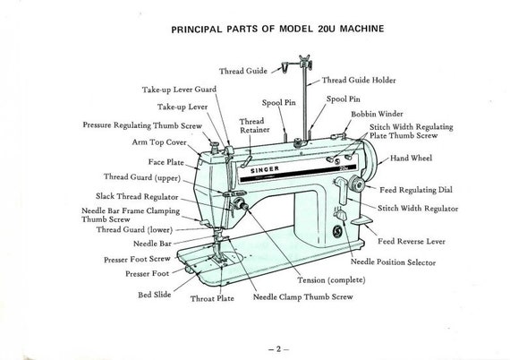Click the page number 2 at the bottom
click(278, 349)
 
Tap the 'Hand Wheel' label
click(411, 159)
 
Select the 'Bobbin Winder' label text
click(377, 114)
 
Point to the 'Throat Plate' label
click(212, 298)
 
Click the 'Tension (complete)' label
click(331, 280)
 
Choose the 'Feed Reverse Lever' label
click(412, 242)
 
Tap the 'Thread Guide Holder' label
click(359, 80)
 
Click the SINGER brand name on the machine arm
click(265, 169)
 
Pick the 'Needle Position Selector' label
click(393, 262)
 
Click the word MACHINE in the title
click(361, 29)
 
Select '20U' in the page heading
click(327, 29)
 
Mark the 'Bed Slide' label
click(155, 295)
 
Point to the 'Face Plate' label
click(166, 162)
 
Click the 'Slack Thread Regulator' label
click(137, 197)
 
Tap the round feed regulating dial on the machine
click(357, 184)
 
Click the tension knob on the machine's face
click(240, 204)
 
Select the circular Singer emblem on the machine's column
click(337, 232)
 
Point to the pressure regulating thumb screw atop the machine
click(214, 146)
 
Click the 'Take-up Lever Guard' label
click(179, 90)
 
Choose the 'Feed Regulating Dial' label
click(416, 190)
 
